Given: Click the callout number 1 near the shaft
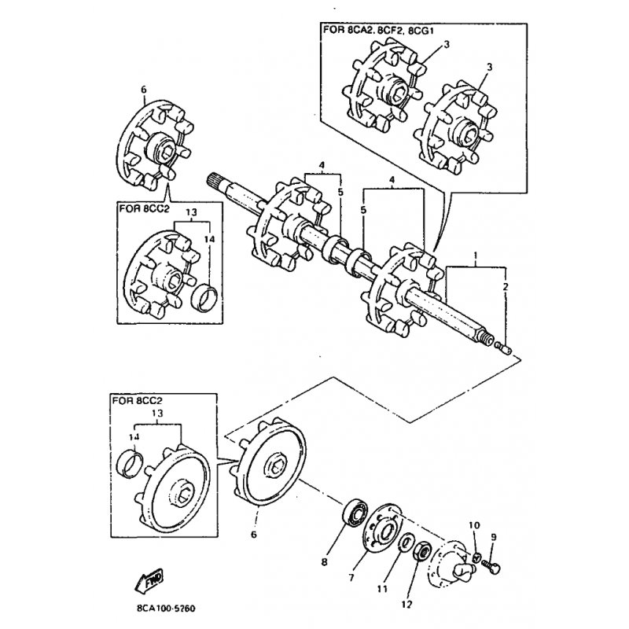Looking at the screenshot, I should [475, 256].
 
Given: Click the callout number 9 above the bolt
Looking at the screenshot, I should [494, 538].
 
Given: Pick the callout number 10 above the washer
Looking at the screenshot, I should [473, 525].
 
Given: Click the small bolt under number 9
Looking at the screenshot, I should [493, 563].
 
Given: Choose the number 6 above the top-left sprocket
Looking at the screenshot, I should [143, 90].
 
